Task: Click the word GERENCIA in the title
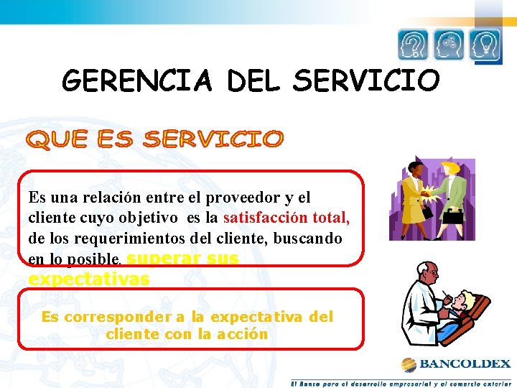137,80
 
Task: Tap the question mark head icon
413,45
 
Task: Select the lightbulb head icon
485,45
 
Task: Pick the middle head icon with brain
449,45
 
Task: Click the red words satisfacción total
287,217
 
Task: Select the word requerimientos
116,237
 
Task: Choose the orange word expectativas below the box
89,279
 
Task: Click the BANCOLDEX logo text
465,364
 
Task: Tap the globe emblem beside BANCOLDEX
409,364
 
